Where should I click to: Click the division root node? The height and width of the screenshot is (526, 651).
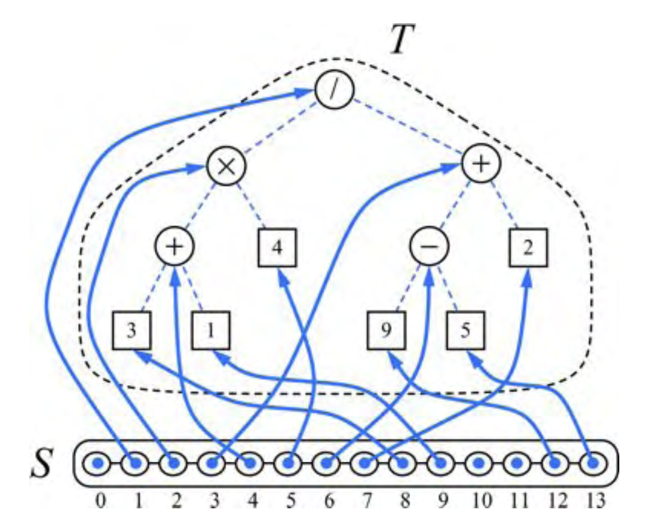coord(334,91)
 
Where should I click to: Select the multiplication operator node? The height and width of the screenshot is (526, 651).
coord(226,165)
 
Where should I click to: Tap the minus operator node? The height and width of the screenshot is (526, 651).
coord(429,247)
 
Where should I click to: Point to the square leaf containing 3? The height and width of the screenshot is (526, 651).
coord(132,330)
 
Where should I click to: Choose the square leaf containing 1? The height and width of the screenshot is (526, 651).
coord(211,330)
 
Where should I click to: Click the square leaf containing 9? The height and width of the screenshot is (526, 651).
coord(387,330)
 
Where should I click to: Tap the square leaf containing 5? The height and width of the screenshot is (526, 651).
coord(466,330)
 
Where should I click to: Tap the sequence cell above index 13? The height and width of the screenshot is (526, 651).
coord(591,466)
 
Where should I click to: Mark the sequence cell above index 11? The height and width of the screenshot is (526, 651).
coord(516,466)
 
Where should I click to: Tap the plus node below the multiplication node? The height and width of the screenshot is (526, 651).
coord(174,247)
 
